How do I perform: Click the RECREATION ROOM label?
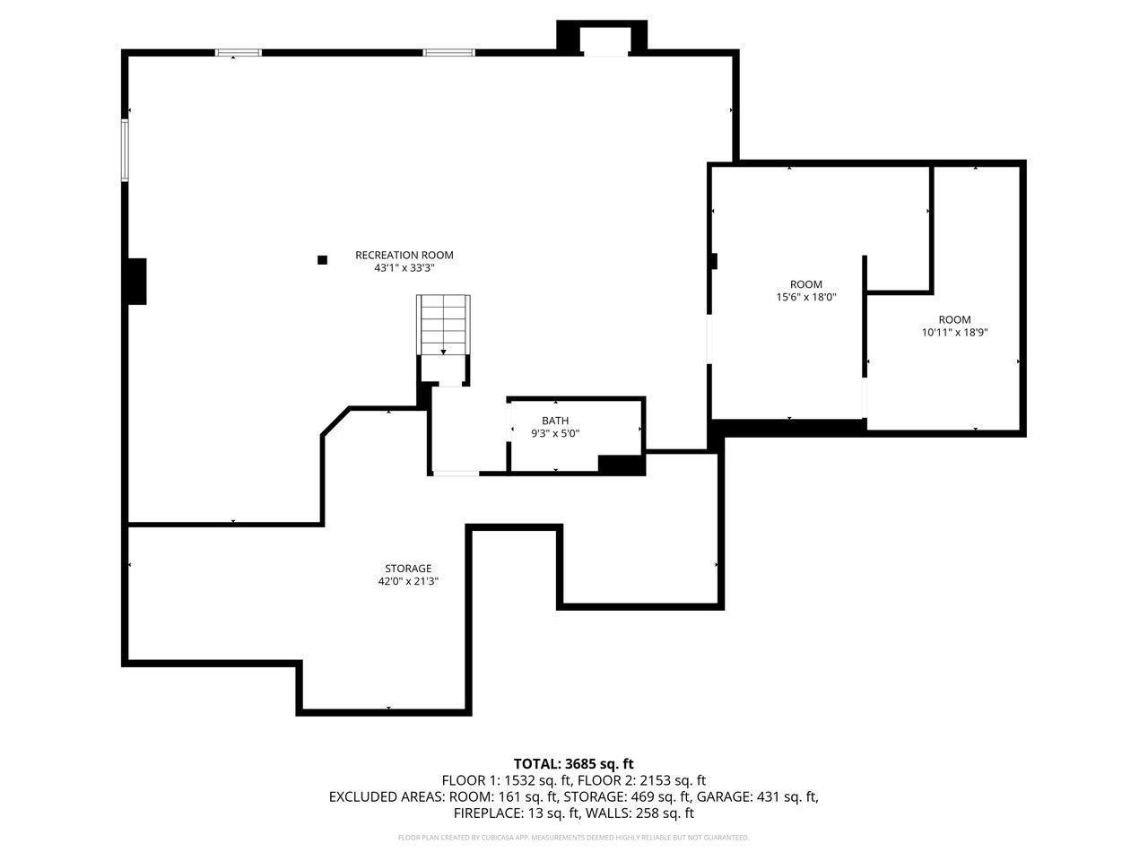click(404, 255)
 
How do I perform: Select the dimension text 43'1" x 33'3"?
click(404, 268)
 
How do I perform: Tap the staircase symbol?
click(443, 325)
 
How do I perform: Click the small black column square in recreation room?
click(322, 260)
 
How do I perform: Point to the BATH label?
click(554, 421)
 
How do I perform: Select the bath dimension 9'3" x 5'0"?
click(555, 434)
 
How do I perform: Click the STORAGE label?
click(408, 569)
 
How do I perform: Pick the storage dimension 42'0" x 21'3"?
click(408, 581)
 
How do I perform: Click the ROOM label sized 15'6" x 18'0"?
click(805, 284)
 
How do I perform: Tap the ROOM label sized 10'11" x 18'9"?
click(954, 320)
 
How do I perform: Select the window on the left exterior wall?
click(126, 151)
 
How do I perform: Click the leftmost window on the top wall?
click(239, 53)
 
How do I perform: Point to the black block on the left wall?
click(136, 281)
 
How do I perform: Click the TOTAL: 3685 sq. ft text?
click(573, 764)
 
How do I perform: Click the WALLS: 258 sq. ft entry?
click(640, 813)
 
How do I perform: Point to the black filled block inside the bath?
click(621, 465)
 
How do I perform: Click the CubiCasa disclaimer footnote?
click(573, 838)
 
